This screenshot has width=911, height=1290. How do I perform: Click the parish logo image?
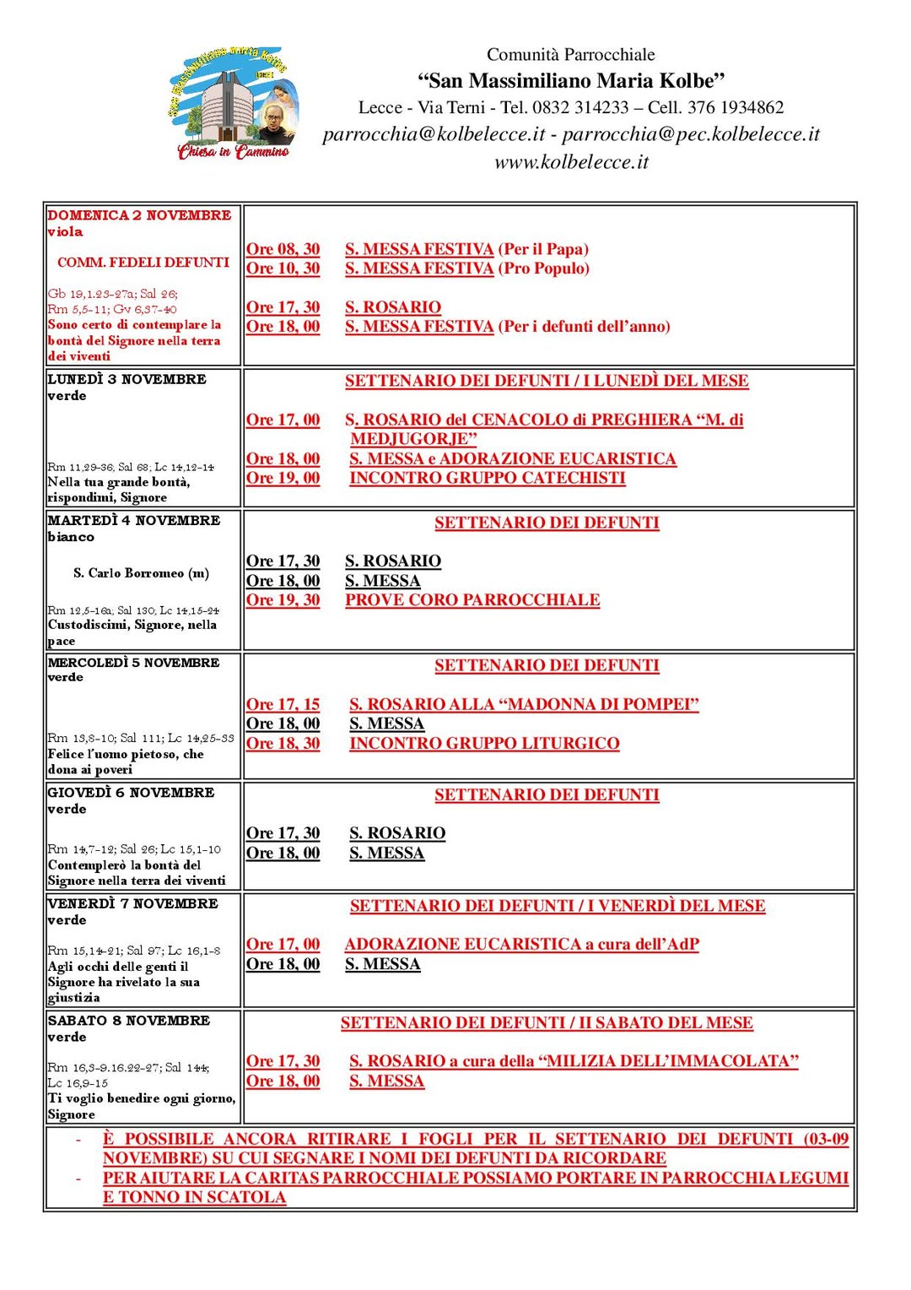click(x=233, y=104)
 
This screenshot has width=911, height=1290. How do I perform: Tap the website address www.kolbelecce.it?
click(x=571, y=162)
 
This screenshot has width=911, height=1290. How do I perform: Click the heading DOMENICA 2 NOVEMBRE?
click(x=139, y=215)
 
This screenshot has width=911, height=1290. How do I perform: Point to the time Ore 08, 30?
click(x=283, y=249)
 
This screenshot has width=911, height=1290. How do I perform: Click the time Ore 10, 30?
click(x=283, y=268)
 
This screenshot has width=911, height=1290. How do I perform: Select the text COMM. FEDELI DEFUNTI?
click(x=143, y=263)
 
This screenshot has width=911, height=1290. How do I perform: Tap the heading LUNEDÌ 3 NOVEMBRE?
click(x=127, y=379)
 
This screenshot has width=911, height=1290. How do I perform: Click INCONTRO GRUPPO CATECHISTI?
click(x=488, y=478)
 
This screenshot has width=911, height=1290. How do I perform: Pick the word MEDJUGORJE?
click(x=413, y=439)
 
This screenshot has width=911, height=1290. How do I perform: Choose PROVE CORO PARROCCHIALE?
click(x=472, y=600)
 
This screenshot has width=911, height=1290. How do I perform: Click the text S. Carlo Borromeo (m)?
click(x=141, y=573)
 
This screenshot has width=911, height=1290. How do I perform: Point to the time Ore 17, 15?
click(x=283, y=704)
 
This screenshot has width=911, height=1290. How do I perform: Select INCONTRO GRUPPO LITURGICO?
click(x=484, y=744)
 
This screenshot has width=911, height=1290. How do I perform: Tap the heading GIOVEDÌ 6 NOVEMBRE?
click(x=131, y=793)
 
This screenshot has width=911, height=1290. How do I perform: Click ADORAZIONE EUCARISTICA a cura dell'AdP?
click(x=521, y=945)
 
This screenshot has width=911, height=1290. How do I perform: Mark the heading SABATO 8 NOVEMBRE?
click(x=128, y=1021)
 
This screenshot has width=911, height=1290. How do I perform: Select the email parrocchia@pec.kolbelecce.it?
click(x=691, y=134)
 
